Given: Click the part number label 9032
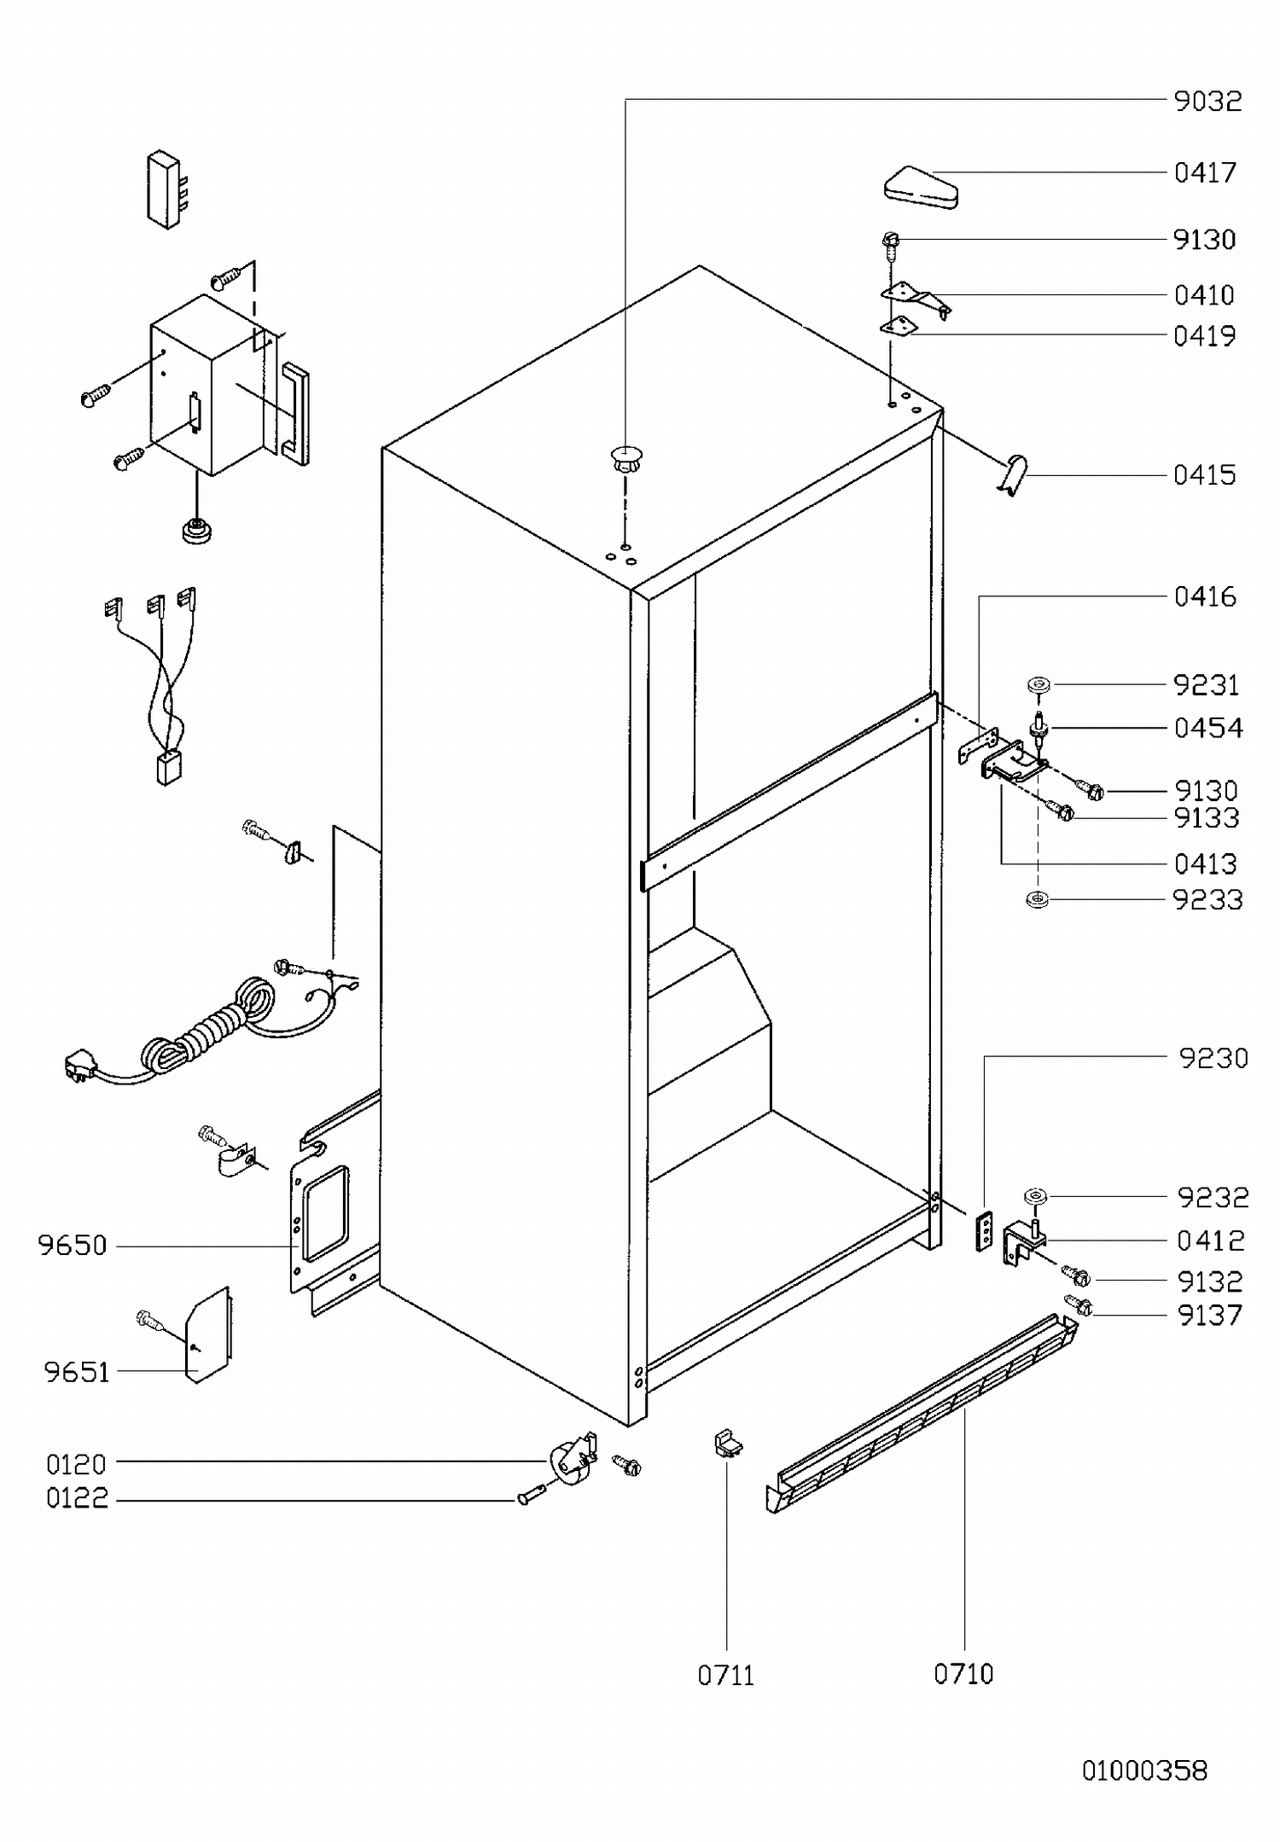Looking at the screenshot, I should [1207, 102].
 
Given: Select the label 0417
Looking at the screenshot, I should [1205, 173].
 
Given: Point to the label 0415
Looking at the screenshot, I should [1204, 475].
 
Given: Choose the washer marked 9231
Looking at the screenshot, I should [1039, 684].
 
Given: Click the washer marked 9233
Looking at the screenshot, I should [1038, 899].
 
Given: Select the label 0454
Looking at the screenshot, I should [1208, 729].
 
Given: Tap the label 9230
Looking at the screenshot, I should [1213, 1059].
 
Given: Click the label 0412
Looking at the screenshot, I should [1210, 1241].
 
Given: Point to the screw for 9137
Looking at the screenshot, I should [1079, 1305].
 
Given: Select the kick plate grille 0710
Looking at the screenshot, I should [922, 1420].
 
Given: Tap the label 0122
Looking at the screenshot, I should [78, 1498].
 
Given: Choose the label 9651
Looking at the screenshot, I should [77, 1372].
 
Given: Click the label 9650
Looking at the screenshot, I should [73, 1246].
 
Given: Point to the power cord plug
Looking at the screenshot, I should [79, 1067].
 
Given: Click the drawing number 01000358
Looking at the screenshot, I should [1144, 1770].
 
